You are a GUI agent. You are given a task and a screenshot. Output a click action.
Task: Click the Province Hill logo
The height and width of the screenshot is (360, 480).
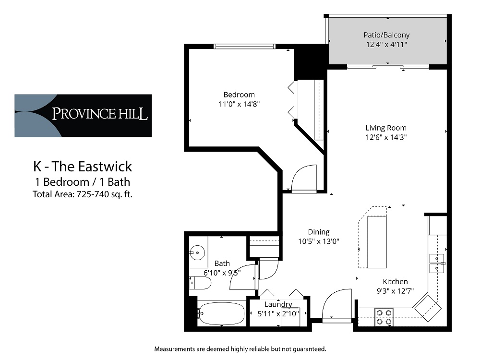[x=83, y=115]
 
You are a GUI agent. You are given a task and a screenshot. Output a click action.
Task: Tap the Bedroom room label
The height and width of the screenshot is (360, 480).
[x=239, y=95]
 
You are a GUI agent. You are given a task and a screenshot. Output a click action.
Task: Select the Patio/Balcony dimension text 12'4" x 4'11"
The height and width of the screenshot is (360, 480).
[x=386, y=45]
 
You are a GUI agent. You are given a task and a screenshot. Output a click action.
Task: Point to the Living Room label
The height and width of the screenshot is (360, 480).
[x=386, y=128]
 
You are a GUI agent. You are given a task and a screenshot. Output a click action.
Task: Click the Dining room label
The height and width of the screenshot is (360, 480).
[x=319, y=232]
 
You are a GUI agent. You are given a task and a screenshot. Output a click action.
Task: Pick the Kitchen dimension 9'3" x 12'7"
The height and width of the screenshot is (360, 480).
[x=395, y=291]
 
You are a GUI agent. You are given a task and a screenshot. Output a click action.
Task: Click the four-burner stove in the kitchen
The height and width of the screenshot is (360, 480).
[x=384, y=316]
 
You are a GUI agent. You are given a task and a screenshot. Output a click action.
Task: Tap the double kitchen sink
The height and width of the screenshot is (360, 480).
[x=436, y=263]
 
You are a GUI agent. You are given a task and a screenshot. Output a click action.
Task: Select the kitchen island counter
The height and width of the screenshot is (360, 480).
[x=377, y=242]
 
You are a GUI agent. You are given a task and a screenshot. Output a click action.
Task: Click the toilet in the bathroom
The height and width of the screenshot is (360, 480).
[x=201, y=283]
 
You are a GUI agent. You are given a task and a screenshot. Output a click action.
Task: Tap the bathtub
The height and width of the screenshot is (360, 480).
[x=221, y=314]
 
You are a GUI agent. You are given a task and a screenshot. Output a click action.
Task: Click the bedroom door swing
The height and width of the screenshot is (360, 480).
[x=304, y=178]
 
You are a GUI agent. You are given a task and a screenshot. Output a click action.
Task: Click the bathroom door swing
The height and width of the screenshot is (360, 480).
[x=244, y=277]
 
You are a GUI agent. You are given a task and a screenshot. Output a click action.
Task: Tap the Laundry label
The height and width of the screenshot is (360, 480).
[x=278, y=304]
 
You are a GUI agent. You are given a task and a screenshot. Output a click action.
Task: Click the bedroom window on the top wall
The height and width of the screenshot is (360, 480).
[x=244, y=47]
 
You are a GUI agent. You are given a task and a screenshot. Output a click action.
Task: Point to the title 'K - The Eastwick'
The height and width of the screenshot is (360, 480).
[x=83, y=167]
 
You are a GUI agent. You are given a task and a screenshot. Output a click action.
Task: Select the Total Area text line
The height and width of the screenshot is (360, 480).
[x=83, y=194]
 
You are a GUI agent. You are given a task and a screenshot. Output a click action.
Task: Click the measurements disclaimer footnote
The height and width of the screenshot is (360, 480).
[x=240, y=348]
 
